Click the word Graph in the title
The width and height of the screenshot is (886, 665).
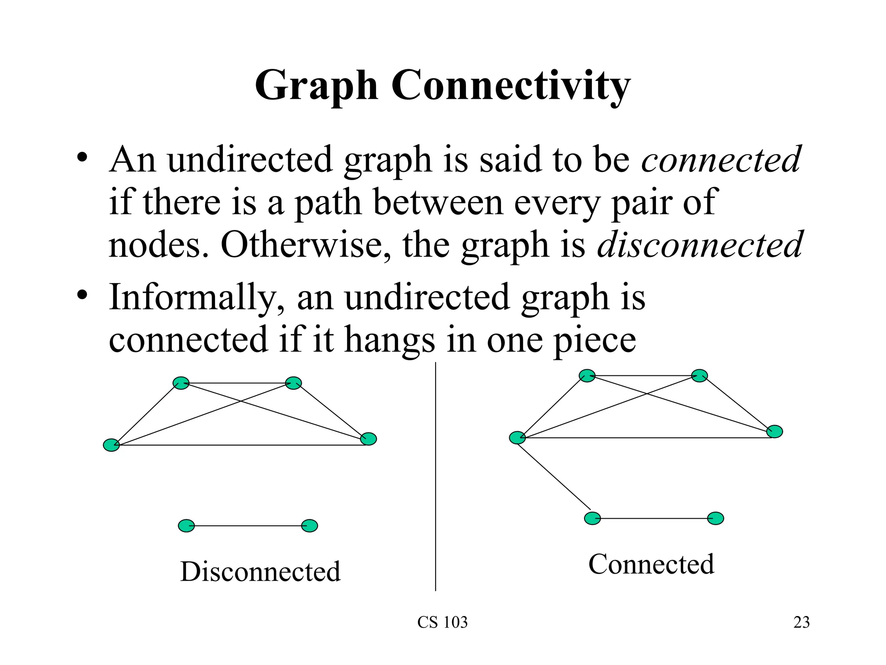(316, 87)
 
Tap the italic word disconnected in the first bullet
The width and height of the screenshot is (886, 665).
(700, 245)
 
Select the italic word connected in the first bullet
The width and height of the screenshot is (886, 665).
(721, 159)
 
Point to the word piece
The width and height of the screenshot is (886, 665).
(595, 341)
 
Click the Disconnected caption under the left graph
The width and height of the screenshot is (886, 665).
(260, 571)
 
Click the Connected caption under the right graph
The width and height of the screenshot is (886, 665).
(651, 564)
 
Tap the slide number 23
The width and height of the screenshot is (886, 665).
(801, 622)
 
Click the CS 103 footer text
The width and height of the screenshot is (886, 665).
(443, 622)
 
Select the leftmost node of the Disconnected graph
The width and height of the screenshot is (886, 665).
(111, 445)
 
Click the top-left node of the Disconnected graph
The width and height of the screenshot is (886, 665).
(181, 383)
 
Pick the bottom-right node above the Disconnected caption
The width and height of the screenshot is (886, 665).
(309, 526)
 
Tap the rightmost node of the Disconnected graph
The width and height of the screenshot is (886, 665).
(369, 439)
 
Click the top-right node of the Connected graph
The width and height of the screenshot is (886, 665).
(700, 375)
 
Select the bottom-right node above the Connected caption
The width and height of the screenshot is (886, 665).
(716, 518)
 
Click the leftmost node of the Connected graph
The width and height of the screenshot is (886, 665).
(517, 438)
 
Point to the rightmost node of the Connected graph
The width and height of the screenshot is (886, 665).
(774, 431)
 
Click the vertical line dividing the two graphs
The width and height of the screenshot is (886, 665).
(435, 476)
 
